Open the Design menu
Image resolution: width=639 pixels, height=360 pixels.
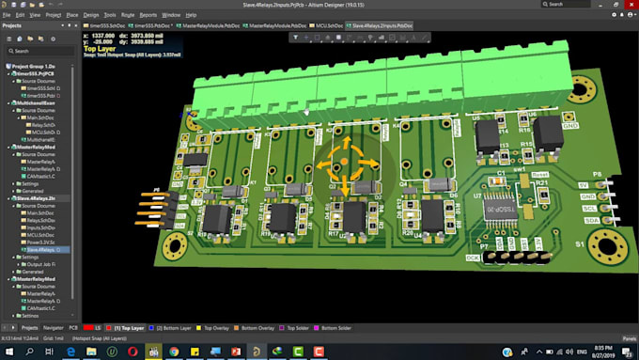(90, 15)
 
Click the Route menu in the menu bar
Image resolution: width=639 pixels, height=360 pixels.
(128, 15)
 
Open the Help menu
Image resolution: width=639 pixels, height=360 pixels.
(192, 15)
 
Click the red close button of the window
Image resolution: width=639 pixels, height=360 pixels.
(629, 5)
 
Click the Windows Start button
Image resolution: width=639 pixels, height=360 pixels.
(8, 351)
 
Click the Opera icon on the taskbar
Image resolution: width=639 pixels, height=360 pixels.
(132, 351)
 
